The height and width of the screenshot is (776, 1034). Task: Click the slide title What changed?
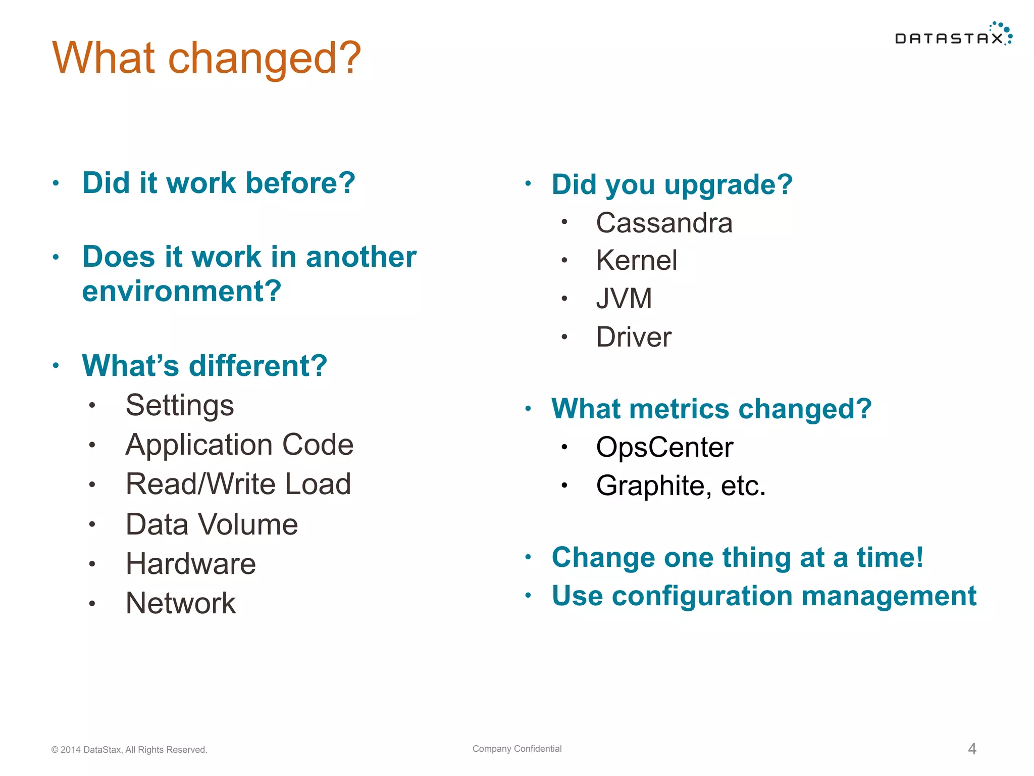(206, 58)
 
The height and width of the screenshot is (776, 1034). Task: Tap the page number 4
(972, 749)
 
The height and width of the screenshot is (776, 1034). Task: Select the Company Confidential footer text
(516, 749)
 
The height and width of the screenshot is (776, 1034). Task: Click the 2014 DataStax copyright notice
(129, 750)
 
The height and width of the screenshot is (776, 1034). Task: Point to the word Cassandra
(664, 223)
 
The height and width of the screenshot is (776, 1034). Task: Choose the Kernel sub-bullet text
(636, 261)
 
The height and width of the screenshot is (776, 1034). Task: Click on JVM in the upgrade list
(624, 299)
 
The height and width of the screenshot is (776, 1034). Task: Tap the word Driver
(634, 337)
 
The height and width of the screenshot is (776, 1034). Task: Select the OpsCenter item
(664, 447)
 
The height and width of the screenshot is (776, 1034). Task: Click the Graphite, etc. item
(681, 486)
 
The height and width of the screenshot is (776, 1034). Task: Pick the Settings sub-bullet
(180, 405)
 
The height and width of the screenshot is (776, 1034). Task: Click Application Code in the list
(239, 445)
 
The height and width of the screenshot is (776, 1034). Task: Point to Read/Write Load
(238, 484)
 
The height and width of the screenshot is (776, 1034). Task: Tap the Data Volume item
(212, 524)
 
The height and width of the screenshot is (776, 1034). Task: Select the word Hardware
(191, 564)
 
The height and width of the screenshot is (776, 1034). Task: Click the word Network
(181, 603)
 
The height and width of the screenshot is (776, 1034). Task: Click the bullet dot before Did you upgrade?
(528, 184)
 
